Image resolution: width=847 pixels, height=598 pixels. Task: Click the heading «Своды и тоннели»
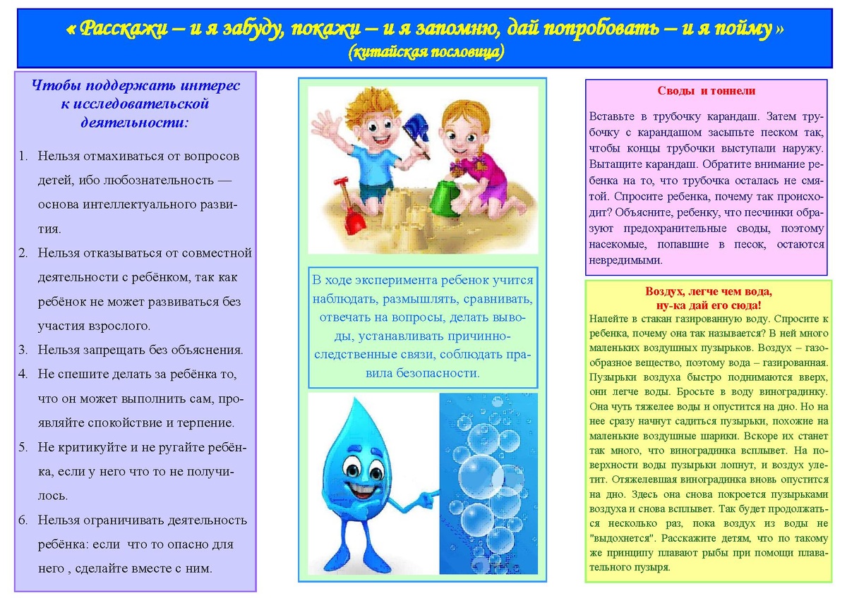tap(706, 91)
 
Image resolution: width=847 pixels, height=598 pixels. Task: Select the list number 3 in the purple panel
tap(23, 350)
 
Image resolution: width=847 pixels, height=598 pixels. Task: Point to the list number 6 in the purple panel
tap(23, 520)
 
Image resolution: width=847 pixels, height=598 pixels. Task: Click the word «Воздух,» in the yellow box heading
tap(667, 292)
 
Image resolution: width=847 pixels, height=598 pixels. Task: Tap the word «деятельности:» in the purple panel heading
tap(133, 121)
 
